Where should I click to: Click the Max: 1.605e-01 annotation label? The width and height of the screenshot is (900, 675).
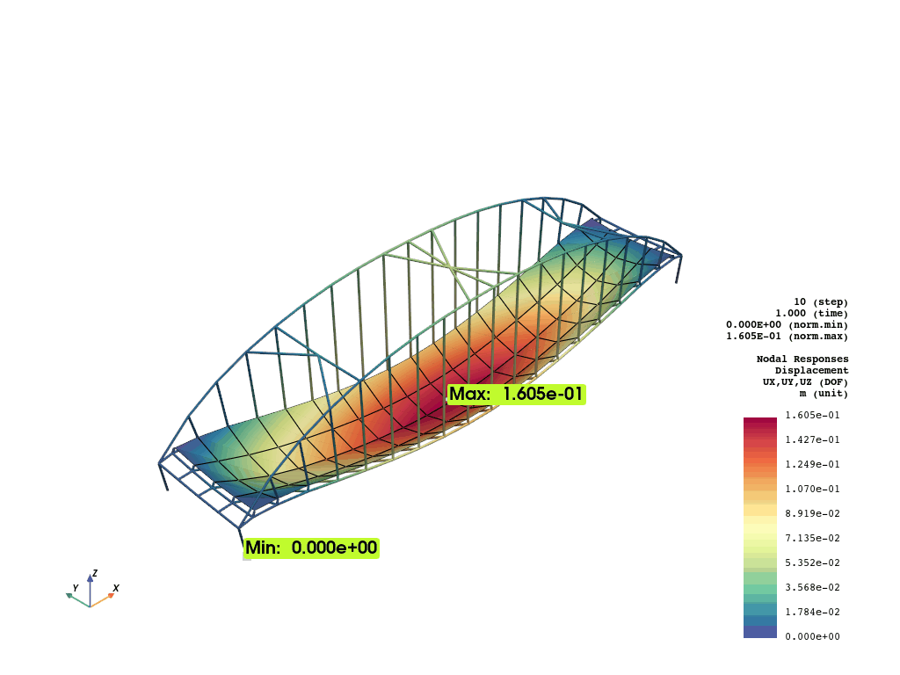[516, 395]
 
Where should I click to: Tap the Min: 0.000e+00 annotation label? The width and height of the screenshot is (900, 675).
[312, 548]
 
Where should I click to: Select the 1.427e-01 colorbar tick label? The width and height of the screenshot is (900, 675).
[812, 439]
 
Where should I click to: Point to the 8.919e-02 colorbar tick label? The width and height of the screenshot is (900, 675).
[812, 513]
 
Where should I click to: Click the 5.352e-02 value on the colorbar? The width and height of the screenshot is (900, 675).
[812, 563]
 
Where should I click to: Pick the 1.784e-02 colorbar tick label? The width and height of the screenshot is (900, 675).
[812, 613]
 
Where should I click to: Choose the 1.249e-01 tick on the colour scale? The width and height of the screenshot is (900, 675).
[812, 464]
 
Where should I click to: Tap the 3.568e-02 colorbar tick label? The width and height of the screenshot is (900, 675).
[812, 588]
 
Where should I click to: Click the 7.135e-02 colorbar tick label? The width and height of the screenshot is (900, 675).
[812, 539]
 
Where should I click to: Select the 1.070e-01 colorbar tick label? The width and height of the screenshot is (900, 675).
[812, 489]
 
